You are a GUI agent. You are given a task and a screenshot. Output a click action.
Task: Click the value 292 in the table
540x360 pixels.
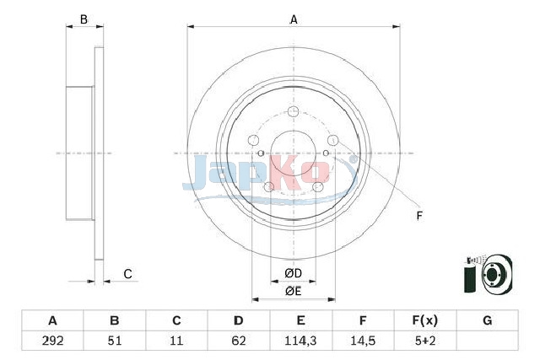52,341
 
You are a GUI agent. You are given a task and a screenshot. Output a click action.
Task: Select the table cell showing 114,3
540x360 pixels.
300,341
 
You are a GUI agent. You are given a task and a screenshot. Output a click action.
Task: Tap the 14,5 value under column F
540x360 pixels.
363,341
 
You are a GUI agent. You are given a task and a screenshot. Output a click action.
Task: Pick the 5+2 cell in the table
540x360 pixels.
425,341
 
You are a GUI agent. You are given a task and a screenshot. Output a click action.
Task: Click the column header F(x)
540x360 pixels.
425,320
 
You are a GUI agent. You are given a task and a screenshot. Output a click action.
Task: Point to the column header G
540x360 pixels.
488,320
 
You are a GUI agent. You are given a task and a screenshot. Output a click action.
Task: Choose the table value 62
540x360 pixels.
239,341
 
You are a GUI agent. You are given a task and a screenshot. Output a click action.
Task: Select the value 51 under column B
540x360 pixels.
115,341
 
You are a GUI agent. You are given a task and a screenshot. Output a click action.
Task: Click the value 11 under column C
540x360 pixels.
176,341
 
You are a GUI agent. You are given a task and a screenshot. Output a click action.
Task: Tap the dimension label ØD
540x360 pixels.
293,273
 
